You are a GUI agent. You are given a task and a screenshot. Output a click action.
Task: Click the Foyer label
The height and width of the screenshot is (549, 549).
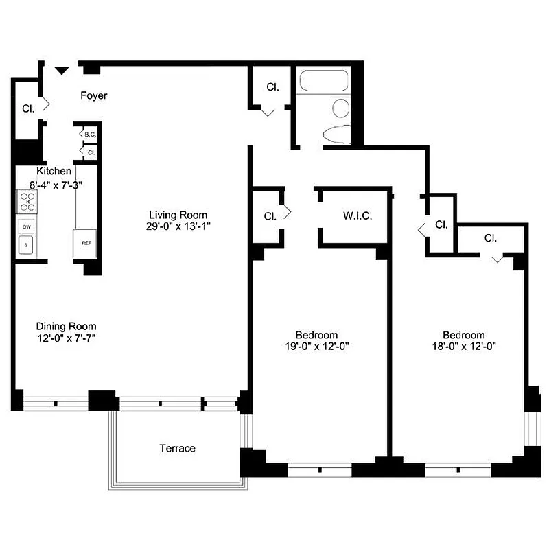pyautogui.click(x=94, y=96)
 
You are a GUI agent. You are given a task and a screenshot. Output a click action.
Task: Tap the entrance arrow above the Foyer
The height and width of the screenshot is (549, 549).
pyautogui.click(x=62, y=69)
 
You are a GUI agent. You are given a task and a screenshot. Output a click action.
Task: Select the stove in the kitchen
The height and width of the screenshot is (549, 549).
pyautogui.click(x=28, y=202)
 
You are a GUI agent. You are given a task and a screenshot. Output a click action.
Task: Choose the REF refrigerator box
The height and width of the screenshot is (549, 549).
pyautogui.click(x=86, y=243)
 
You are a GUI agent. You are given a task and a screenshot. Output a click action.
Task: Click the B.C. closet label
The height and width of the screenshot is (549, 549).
pyautogui.click(x=90, y=135)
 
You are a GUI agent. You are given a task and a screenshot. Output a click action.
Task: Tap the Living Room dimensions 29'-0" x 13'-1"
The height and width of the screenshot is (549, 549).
pyautogui.click(x=173, y=226)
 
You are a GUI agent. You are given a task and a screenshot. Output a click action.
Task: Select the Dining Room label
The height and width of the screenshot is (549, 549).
pyautogui.click(x=66, y=326)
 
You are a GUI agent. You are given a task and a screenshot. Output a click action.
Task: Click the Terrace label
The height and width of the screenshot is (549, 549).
pyautogui.click(x=178, y=449)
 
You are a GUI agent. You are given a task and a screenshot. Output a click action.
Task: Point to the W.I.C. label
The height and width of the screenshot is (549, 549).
pyautogui.click(x=357, y=216)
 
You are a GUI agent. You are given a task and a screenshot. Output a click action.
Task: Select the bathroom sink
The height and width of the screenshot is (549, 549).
pyautogui.click(x=341, y=108)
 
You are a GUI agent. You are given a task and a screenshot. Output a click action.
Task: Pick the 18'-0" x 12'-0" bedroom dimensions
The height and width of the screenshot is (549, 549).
pyautogui.click(x=459, y=347)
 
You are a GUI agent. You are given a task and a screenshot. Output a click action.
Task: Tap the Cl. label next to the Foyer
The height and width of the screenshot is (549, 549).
pyautogui.click(x=28, y=108)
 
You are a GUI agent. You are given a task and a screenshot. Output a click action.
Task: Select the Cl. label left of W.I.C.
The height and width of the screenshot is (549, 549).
pyautogui.click(x=270, y=216)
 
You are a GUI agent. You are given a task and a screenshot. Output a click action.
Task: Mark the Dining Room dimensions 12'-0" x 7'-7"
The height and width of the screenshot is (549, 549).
pyautogui.click(x=66, y=338)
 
